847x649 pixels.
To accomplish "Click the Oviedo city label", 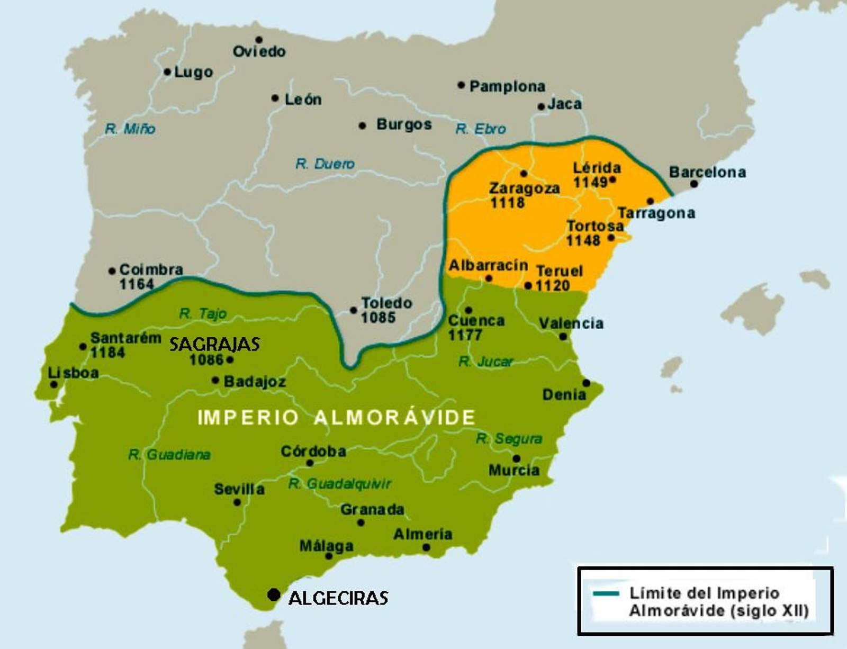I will click(259, 51).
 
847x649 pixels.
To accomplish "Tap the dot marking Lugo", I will click(167, 71).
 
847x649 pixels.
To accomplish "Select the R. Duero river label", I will click(325, 164).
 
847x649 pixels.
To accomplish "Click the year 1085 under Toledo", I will click(378, 318).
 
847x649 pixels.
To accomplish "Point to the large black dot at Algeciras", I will click(274, 594).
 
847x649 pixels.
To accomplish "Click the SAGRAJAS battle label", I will click(214, 345).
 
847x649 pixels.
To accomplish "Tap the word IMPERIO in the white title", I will click(248, 418).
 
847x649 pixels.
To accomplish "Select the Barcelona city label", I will click(707, 172).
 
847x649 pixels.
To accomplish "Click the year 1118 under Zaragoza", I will click(507, 203).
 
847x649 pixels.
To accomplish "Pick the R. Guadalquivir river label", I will click(339, 483).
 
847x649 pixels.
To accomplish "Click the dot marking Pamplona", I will click(461, 85).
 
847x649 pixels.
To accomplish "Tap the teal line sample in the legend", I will click(606, 593).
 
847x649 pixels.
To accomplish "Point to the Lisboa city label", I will click(74, 373).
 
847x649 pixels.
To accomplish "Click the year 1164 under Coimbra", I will click(136, 284).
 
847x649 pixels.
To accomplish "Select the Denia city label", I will click(564, 394).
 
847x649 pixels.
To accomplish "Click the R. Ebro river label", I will click(481, 129).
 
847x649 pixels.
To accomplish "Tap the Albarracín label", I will click(488, 265).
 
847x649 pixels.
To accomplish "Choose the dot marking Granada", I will click(361, 522).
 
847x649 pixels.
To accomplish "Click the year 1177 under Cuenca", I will click(465, 335).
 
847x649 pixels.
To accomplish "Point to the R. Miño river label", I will click(130, 129).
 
